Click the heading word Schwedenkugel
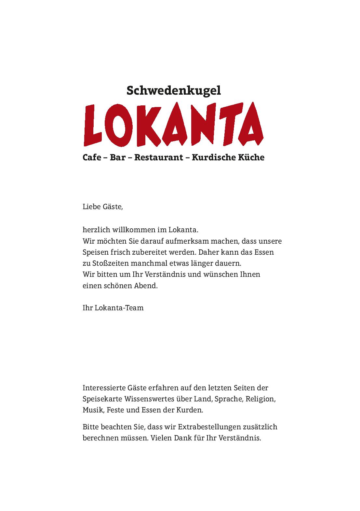click(x=173, y=91)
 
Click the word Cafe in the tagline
click(x=92, y=157)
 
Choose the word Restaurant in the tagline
click(x=159, y=157)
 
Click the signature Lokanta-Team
click(x=119, y=308)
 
